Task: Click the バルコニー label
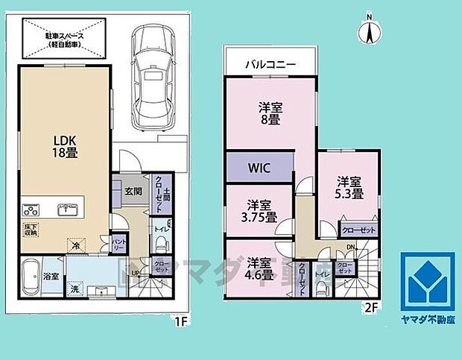pos(271,65)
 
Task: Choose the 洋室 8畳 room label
pos(270,113)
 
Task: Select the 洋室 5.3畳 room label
pos(348,187)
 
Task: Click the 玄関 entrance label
pos(133,191)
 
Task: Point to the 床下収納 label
pos(31,230)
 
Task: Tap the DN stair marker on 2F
pos(349,249)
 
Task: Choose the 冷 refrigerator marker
pos(76,243)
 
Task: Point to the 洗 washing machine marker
pos(75,287)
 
